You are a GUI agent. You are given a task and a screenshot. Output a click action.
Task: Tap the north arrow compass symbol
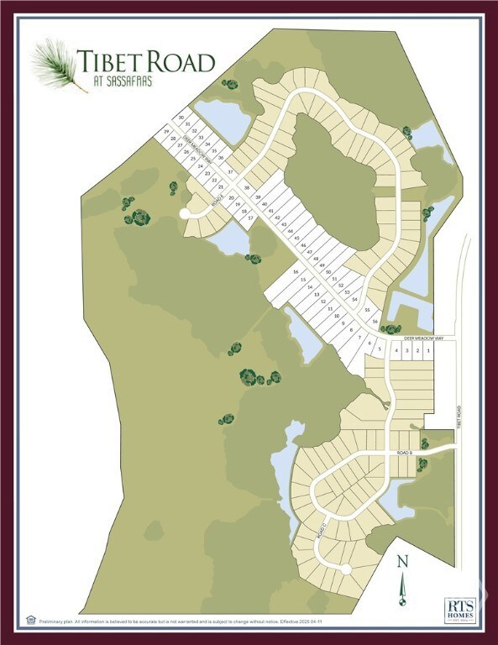tap(402, 580)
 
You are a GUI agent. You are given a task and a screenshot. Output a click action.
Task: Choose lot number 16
tap(295, 272)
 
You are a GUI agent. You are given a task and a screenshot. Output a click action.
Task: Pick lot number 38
tap(247, 187)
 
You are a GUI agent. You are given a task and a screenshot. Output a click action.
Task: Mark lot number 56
tap(375, 322)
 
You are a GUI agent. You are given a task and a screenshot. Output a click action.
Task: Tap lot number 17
tap(250, 218)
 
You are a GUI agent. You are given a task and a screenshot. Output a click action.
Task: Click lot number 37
tap(230, 171)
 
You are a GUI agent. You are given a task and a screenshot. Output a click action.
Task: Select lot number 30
tap(181, 118)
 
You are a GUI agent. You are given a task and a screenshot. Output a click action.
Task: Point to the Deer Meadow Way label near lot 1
tap(422, 338)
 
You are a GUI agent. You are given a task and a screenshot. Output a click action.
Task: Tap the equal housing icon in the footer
tap(31, 621)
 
